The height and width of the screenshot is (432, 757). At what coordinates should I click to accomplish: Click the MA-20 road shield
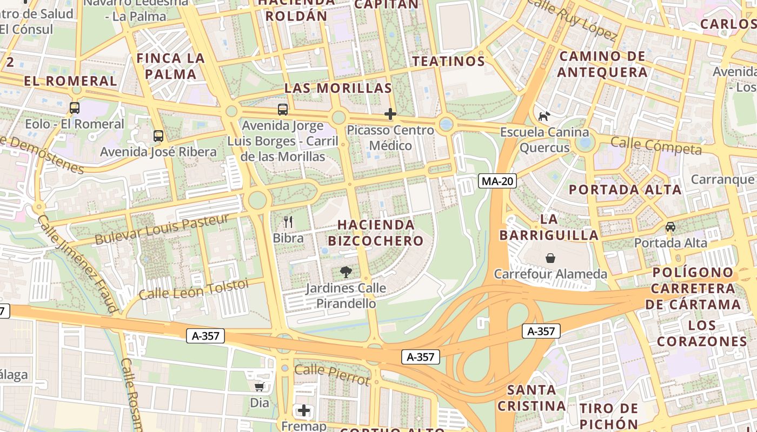497,181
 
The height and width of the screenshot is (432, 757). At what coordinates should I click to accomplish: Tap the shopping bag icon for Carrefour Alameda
550,258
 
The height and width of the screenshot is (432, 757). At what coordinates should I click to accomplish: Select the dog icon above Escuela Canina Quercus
544,116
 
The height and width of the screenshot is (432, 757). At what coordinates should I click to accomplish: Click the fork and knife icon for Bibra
288,221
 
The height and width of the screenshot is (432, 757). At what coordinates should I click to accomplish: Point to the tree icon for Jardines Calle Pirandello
346,272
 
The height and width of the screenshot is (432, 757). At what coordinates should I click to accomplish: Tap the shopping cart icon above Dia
260,387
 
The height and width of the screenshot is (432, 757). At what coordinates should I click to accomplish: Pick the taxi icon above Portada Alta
670,227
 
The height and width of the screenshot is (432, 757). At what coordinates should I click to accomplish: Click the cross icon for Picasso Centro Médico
390,114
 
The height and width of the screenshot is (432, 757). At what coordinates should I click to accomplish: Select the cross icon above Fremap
304,410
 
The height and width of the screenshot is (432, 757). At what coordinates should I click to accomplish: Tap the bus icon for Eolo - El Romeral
75,108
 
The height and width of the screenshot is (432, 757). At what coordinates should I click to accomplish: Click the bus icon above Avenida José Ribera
158,136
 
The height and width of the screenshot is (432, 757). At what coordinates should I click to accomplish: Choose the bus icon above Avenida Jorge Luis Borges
283,110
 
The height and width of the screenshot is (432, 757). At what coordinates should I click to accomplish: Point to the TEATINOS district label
449,61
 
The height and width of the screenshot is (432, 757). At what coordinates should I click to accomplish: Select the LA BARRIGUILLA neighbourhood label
549,227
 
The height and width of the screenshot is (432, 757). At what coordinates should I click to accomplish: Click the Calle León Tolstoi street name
193,289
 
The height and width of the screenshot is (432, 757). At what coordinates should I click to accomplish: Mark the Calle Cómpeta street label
656,145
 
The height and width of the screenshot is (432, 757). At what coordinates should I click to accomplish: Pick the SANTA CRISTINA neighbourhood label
532,398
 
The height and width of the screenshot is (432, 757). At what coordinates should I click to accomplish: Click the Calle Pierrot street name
332,374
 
